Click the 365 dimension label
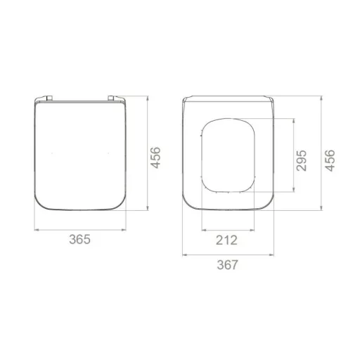click(x=79, y=239)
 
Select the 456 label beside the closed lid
click(x=155, y=157)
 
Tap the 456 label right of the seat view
click(x=330, y=160)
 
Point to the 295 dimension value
click(x=301, y=160)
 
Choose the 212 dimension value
click(x=226, y=240)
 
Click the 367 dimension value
click(x=227, y=265)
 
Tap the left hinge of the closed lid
click(x=49, y=98)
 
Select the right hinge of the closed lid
click(x=111, y=98)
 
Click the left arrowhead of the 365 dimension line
click(x=37, y=230)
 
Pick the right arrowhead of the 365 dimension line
click(x=124, y=230)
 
